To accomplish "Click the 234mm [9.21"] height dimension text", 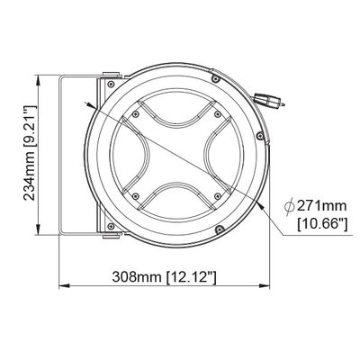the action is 30,153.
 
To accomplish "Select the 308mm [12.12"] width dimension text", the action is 164,277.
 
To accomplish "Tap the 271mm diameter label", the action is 321,206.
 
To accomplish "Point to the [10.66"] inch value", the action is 322,224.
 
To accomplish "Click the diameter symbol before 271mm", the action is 289,206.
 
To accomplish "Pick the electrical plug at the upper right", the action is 269,101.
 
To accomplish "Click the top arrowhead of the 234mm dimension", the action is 39,80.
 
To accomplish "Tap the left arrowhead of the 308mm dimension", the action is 65,285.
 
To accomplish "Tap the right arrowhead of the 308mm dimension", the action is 265,285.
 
